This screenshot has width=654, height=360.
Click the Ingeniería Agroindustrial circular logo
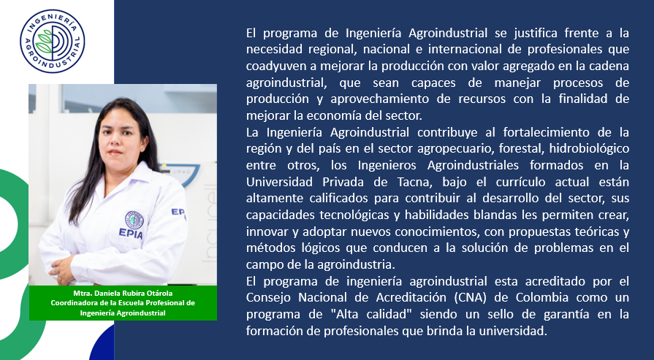[53, 41]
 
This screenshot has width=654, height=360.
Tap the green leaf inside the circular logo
[45, 41]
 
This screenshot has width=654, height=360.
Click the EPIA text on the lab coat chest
[131, 234]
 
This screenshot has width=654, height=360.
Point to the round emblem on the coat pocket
[134, 220]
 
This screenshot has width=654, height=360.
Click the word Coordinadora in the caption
[72, 303]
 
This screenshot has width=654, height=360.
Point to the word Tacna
[417, 182]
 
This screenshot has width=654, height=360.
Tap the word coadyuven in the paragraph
[270, 66]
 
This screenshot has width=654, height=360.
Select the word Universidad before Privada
[279, 182]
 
